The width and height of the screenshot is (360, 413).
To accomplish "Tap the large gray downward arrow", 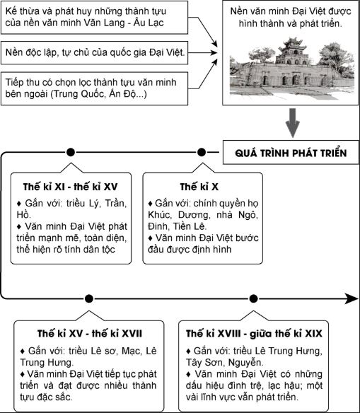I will click(x=289, y=122).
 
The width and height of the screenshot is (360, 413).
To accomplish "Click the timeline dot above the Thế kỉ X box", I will click(x=202, y=152).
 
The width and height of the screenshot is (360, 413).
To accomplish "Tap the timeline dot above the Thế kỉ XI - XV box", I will click(x=69, y=152).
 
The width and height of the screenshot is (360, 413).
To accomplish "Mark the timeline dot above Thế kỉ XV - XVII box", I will click(x=88, y=298).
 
